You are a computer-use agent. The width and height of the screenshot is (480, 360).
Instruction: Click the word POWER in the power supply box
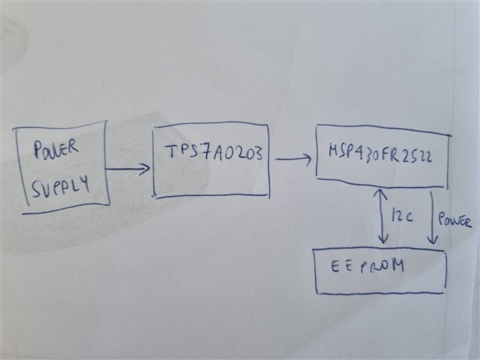(x=57, y=150)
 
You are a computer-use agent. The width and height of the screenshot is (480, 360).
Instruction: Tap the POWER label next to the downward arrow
(x=455, y=222)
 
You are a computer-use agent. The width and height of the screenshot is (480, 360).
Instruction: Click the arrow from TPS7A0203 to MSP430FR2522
(x=292, y=158)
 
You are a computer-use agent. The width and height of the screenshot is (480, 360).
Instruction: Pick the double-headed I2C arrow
(x=383, y=216)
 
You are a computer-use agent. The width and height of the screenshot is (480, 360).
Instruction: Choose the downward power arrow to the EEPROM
(x=433, y=217)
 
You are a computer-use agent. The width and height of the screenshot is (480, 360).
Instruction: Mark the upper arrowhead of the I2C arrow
(x=383, y=193)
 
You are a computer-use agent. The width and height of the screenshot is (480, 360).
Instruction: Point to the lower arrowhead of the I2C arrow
(x=383, y=239)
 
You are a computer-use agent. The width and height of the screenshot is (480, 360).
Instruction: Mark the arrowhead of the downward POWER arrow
(x=433, y=240)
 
